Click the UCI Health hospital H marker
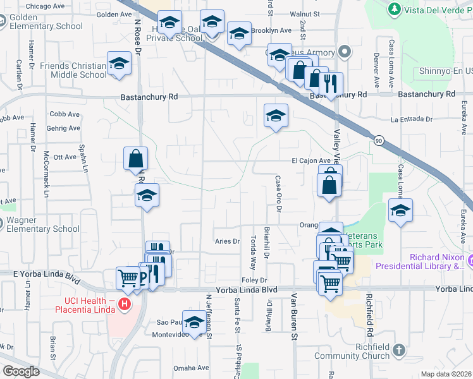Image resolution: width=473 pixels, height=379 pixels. pyautogui.click(x=125, y=304)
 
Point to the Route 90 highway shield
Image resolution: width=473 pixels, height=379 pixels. pyautogui.click(x=378, y=140)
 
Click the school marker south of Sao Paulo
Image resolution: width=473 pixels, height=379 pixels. pyautogui.click(x=194, y=322)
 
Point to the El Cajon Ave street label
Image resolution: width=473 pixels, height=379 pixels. pyautogui.click(x=311, y=160)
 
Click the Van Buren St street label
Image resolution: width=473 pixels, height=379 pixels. pyautogui.click(x=294, y=316)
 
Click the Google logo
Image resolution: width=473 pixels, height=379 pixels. pyautogui.click(x=21, y=371)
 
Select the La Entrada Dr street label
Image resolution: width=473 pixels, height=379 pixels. pyautogui.click(x=411, y=119)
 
